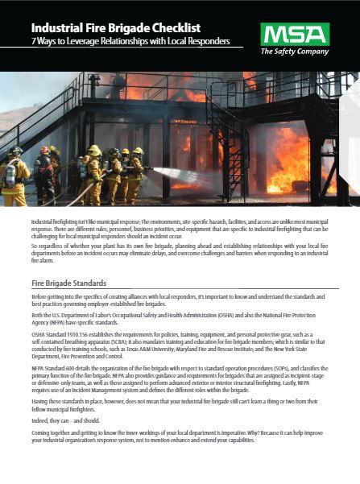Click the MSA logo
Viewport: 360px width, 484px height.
coord(294,34)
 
